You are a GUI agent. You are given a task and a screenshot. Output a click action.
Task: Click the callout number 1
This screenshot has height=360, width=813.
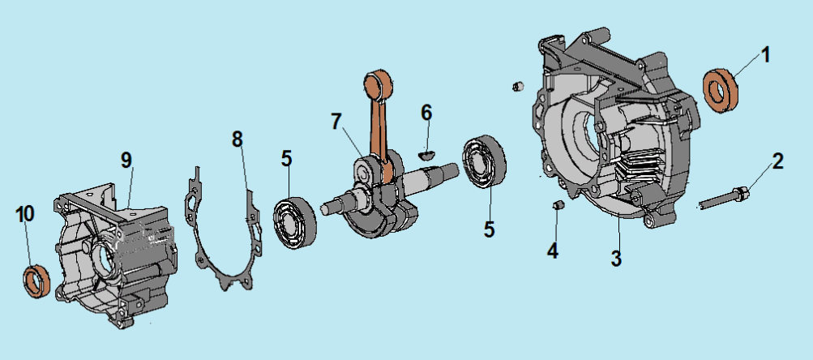point(765,56)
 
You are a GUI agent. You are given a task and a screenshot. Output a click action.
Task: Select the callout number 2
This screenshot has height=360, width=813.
point(777,161)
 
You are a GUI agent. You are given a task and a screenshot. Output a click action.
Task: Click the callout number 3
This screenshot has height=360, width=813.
point(616,259)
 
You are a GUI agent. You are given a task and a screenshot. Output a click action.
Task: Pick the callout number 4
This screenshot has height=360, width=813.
point(552,251)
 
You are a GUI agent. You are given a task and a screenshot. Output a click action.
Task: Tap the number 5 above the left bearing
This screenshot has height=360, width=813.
point(286,158)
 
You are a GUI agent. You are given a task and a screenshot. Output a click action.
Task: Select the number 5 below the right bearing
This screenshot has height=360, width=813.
point(489,228)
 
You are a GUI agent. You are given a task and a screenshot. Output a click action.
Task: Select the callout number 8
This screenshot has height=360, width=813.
point(237,139)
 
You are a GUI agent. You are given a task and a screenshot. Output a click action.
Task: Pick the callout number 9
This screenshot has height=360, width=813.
point(126,159)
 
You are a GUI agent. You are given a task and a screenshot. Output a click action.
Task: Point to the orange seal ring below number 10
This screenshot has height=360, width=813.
point(36,279)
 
